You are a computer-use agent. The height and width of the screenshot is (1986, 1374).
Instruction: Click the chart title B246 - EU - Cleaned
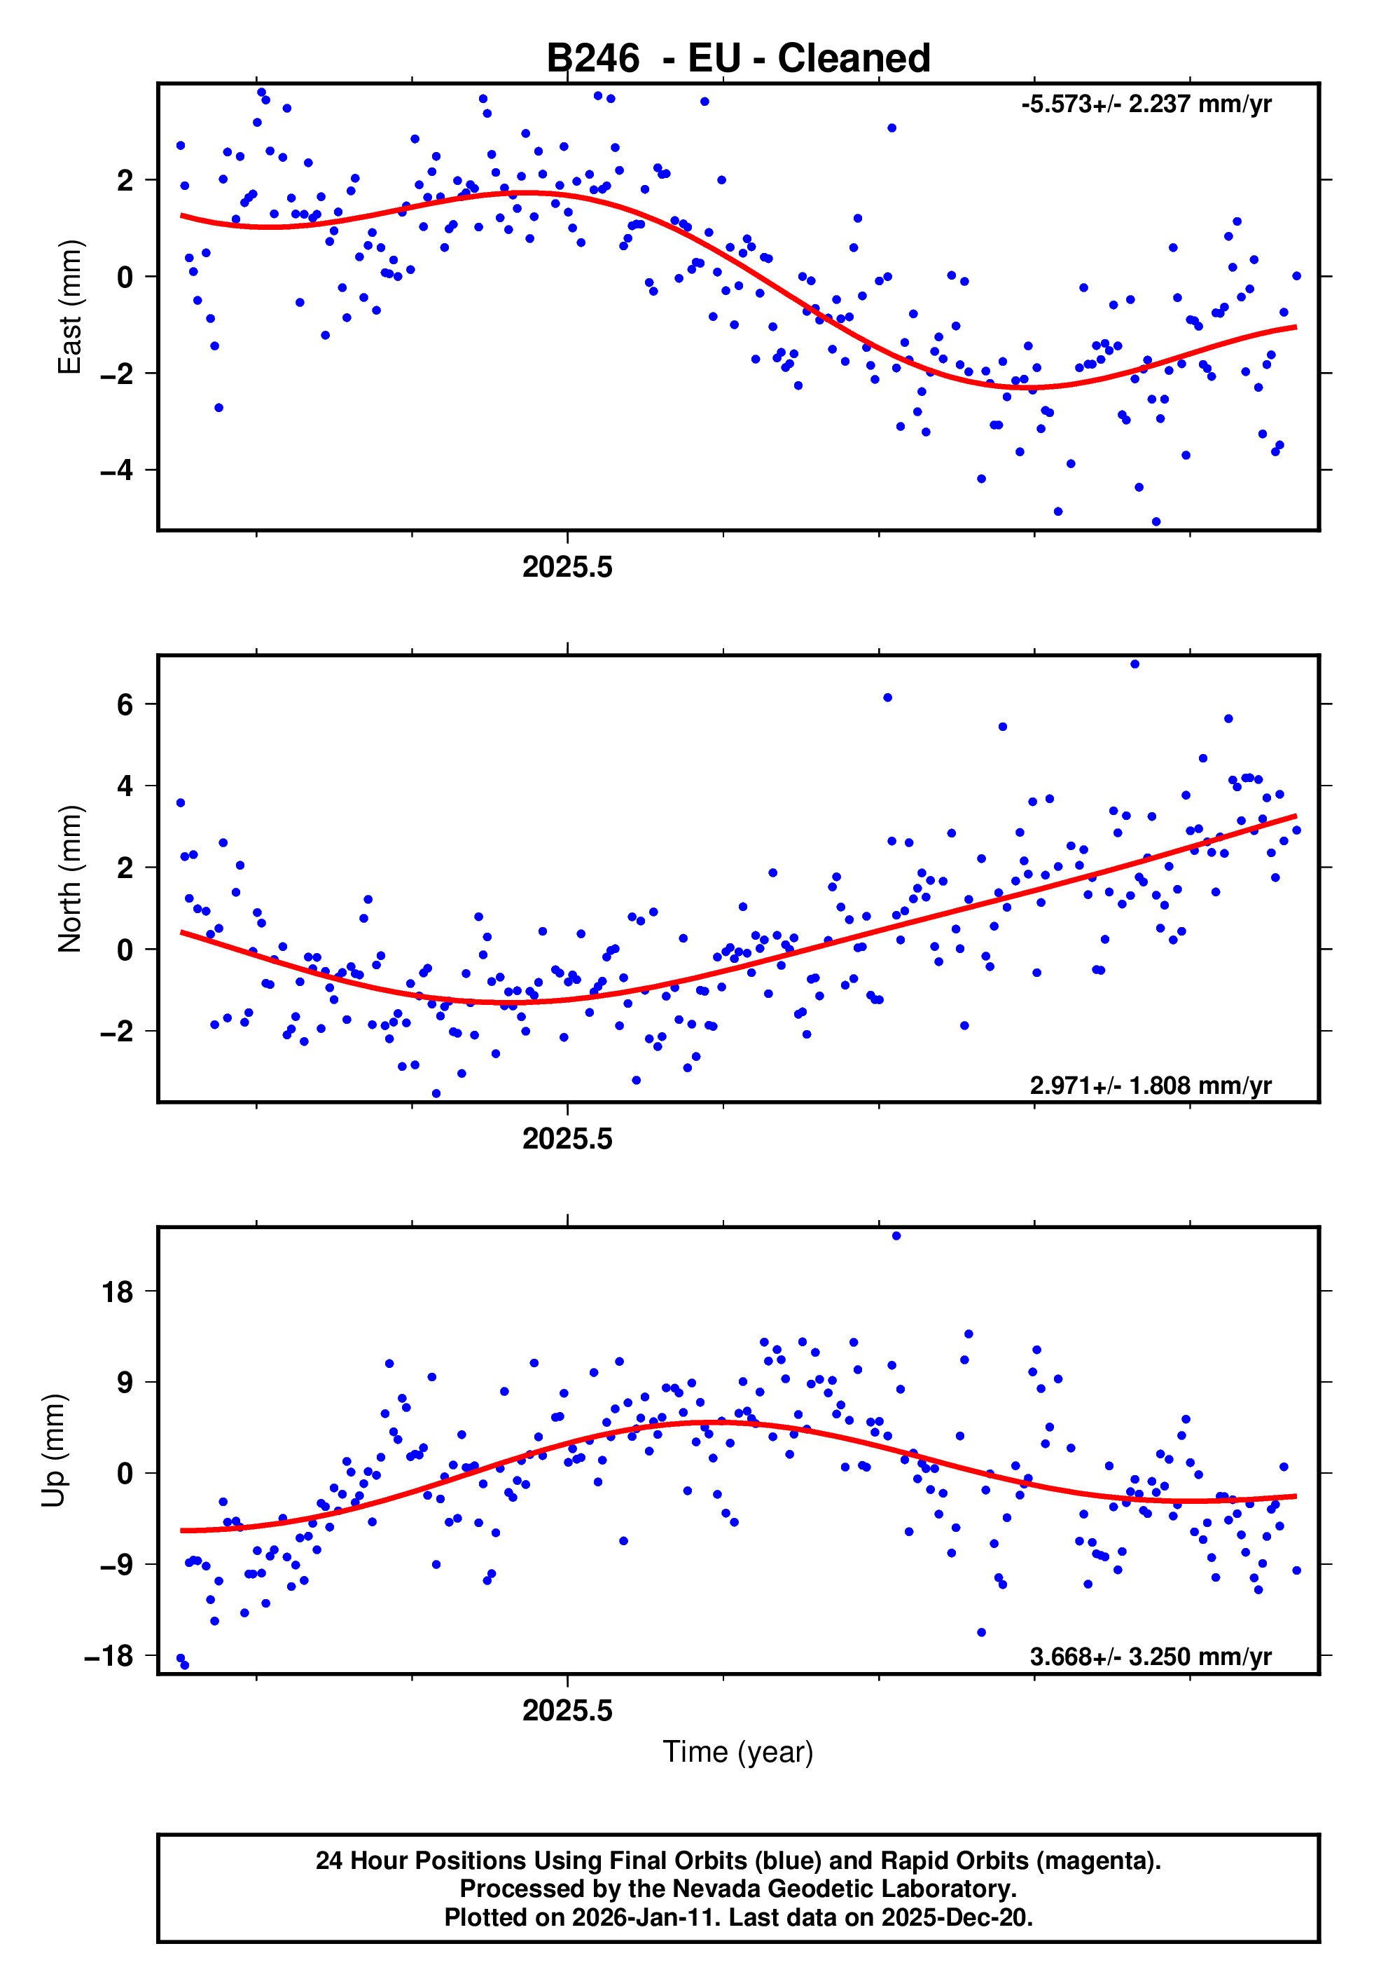[738, 59]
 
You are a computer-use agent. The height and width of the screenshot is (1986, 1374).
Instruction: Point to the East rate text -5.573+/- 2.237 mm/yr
[1146, 104]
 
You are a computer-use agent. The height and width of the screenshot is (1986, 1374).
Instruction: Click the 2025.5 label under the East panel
[567, 567]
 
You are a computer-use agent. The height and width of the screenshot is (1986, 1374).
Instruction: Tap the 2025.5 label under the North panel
[567, 1139]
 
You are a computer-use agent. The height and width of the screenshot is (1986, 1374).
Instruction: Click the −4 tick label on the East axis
[116, 470]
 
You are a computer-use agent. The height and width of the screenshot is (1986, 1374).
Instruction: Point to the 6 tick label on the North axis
[125, 704]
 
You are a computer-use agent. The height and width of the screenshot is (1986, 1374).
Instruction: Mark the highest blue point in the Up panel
[896, 1236]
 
